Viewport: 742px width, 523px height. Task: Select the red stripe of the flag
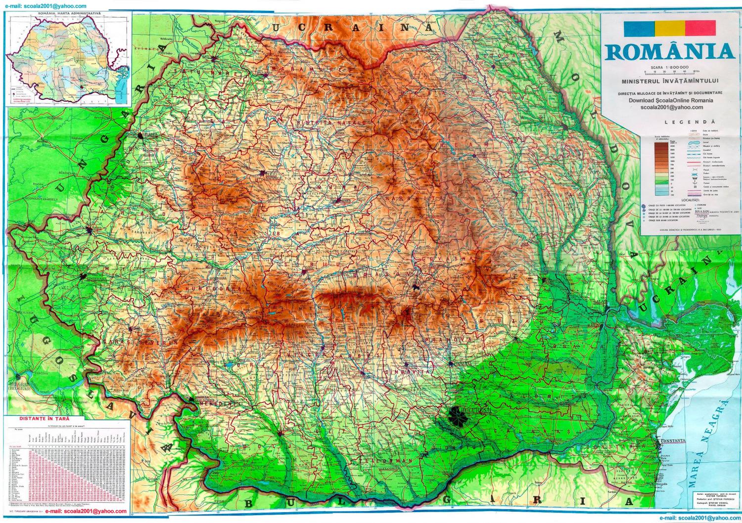click(x=700, y=28)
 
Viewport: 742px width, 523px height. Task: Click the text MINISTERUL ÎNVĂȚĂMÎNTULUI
click(x=670, y=81)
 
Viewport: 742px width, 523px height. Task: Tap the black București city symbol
click(x=457, y=416)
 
